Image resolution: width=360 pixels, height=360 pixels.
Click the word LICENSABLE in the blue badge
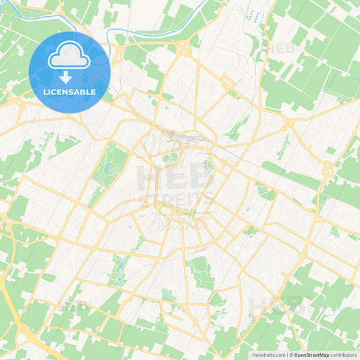(x=69, y=92)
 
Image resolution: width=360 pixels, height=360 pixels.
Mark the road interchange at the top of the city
(x=183, y=47)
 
